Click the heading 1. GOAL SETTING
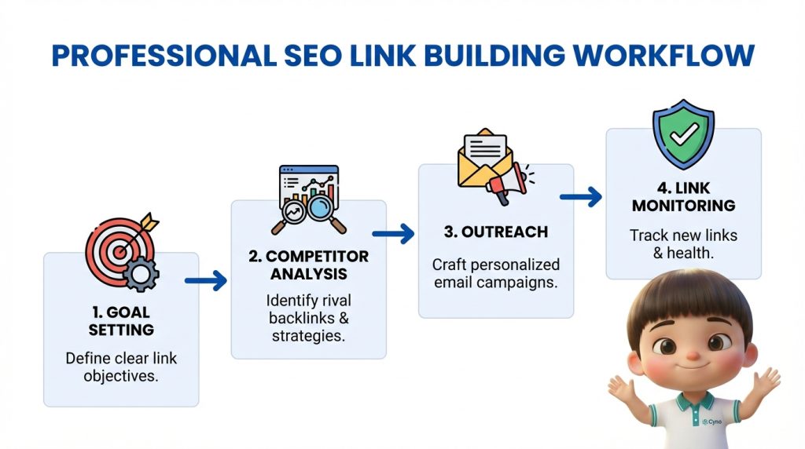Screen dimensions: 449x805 [121, 321]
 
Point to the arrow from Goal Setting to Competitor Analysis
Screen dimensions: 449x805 [206, 279]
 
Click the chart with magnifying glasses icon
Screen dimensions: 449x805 [308, 199]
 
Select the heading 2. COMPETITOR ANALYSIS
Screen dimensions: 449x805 [308, 265]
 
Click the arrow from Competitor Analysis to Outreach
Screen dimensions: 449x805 [393, 233]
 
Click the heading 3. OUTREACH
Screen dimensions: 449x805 [495, 232]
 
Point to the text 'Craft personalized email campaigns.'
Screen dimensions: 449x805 [495, 272]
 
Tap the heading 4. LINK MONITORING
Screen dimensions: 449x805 [683, 197]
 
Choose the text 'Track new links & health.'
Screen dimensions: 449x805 [683, 243]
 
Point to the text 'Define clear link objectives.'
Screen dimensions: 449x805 [121, 367]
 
